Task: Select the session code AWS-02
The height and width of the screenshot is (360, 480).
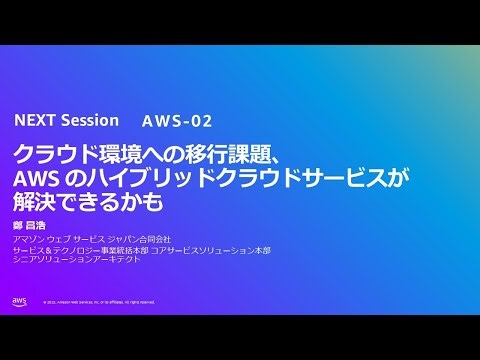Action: [x=177, y=121]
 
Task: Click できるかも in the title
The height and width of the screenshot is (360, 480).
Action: [x=110, y=201]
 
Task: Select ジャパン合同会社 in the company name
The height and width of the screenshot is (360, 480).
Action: [x=139, y=240]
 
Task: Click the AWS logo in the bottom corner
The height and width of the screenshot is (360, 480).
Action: [x=20, y=301]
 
